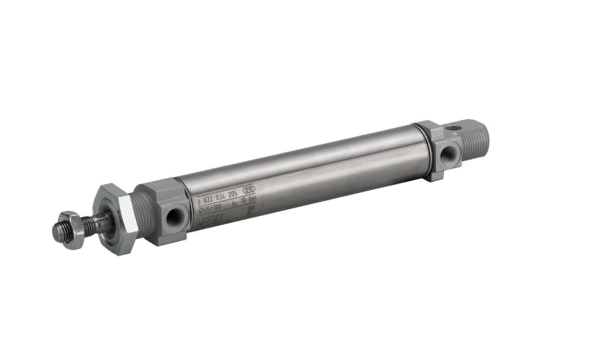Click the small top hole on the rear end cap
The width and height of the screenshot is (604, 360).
pos(453,129)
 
